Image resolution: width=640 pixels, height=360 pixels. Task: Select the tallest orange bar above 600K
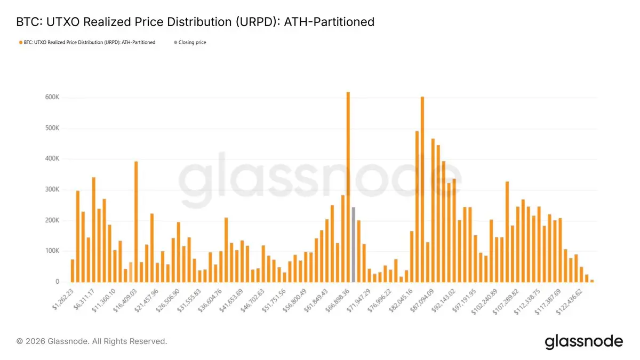[348, 187]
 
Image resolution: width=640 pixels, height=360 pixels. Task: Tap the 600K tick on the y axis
[52, 98]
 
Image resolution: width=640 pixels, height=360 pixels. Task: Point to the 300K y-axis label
[52, 190]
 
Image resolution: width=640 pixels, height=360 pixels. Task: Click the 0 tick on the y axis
[56, 282]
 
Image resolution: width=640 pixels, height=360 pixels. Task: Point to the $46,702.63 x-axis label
[250, 300]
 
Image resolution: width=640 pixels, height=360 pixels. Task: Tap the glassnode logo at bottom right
[583, 342]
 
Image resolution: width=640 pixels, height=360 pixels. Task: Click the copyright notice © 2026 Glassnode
[92, 341]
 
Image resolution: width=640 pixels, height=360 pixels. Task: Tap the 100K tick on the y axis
[52, 251]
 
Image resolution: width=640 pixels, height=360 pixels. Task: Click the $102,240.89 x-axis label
[483, 300]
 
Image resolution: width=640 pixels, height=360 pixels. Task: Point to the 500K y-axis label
[52, 129]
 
